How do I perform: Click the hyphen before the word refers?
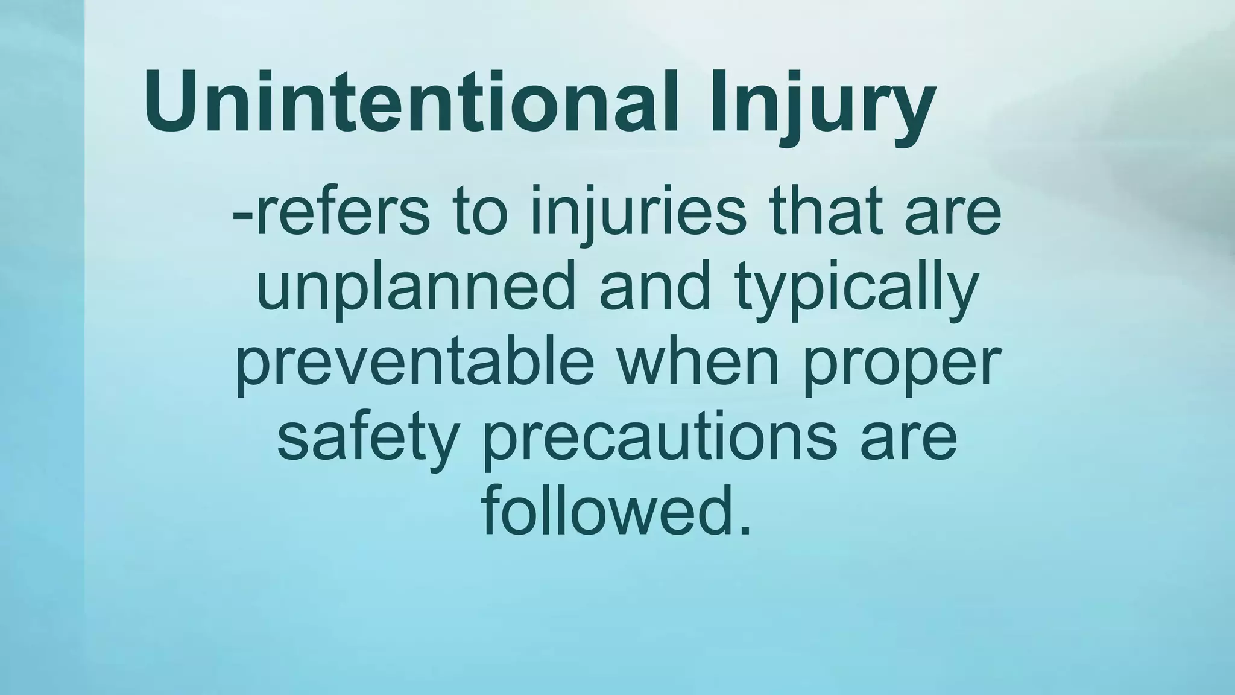[242, 216]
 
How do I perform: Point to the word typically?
[856, 288]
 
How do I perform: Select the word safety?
[368, 437]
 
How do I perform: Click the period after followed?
[745, 531]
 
